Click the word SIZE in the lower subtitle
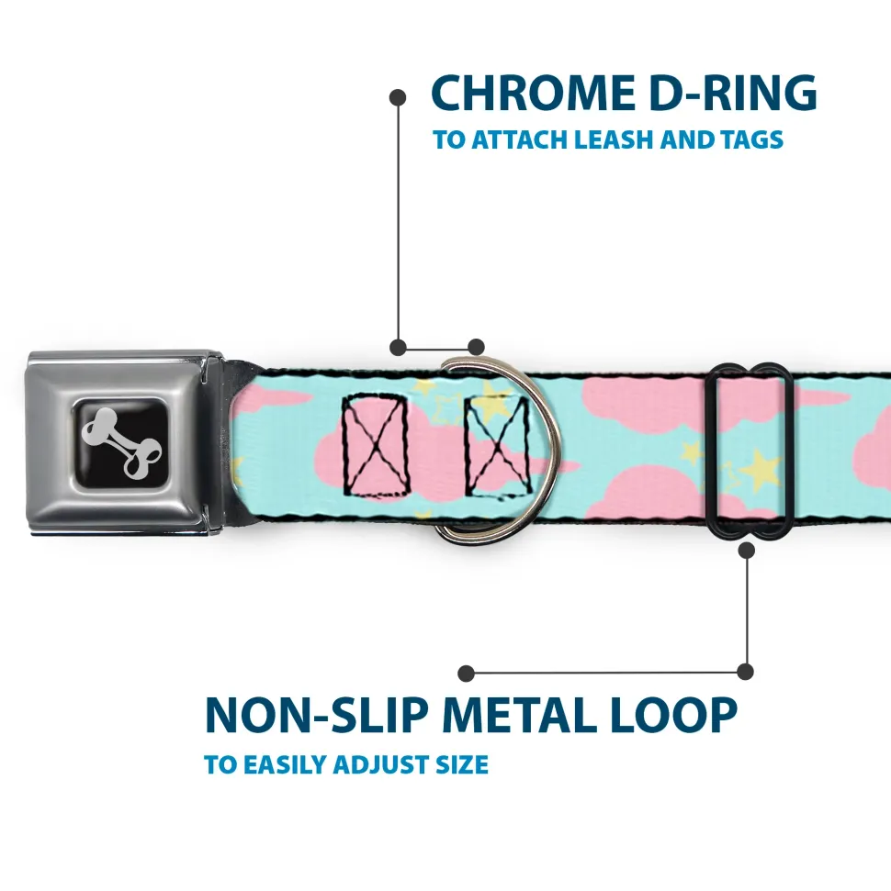coord(462,764)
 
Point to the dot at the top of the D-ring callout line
coord(398,95)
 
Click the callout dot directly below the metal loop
coord(747,551)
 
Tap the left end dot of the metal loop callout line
coord(467,673)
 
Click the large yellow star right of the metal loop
coord(761,472)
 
